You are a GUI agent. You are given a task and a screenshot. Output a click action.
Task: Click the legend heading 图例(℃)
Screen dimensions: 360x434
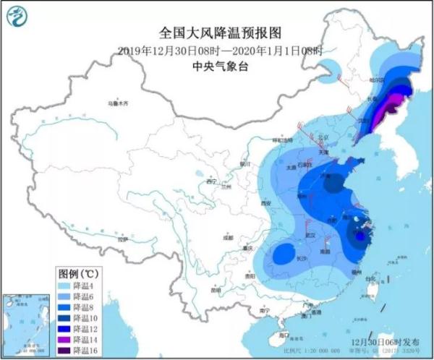tap(79, 274)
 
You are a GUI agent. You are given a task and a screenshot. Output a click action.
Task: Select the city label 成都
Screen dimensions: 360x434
tap(228, 236)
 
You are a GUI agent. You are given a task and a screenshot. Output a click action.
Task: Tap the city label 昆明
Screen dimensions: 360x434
tap(215, 290)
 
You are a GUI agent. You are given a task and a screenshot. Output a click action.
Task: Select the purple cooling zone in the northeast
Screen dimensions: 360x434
tap(391, 106)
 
